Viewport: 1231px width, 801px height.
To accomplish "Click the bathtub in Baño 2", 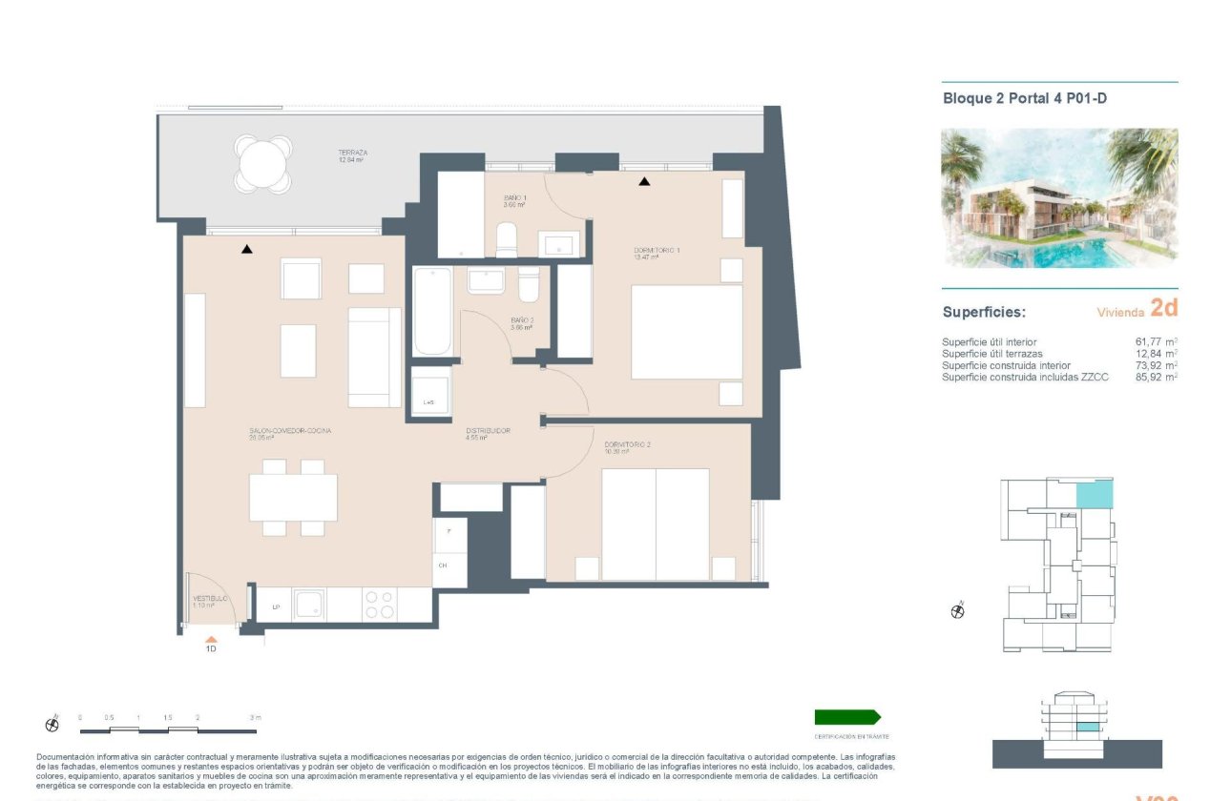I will click(x=432, y=312).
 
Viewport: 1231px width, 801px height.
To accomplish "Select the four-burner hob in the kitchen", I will click(x=380, y=605).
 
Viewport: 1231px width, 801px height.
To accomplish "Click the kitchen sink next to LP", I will click(x=309, y=605).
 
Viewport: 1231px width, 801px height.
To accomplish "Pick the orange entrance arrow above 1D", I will click(x=211, y=640).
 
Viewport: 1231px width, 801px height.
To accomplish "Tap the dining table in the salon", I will click(x=293, y=498).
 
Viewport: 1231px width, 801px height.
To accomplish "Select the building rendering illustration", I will click(x=1059, y=197).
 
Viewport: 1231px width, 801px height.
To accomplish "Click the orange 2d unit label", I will click(x=1163, y=307).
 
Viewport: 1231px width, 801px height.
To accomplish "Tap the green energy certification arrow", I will click(x=847, y=717).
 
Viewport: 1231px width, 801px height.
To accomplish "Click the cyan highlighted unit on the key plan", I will click(x=1094, y=495).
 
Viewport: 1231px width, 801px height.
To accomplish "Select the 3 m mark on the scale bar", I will click(x=255, y=717).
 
